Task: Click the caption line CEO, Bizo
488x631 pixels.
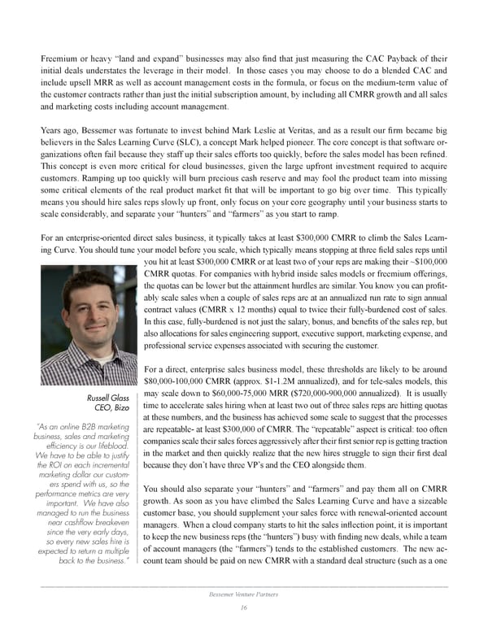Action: pyautogui.click(x=112, y=408)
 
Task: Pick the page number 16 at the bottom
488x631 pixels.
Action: pyautogui.click(x=243, y=607)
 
